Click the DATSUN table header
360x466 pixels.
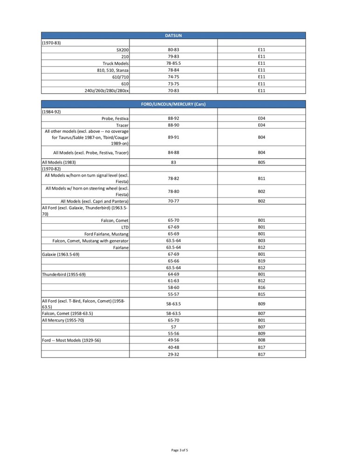[173, 35]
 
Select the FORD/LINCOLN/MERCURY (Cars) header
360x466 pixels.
[173, 104]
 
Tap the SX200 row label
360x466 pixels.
[122, 49]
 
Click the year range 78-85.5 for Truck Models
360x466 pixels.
[173, 63]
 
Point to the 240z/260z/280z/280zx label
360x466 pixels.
[107, 90]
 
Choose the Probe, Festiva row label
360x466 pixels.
[115, 118]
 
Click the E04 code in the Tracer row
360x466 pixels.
[261, 125]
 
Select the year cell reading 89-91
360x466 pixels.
[173, 137]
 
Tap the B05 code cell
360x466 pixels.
[261, 162]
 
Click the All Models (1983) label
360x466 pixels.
[59, 162]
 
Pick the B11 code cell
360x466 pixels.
[261, 178]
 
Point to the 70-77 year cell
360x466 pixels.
[173, 201]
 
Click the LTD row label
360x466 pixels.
[125, 227]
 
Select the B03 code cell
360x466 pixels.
[261, 240]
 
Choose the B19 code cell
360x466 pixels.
[261, 261]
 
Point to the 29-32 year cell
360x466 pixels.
[173, 354]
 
